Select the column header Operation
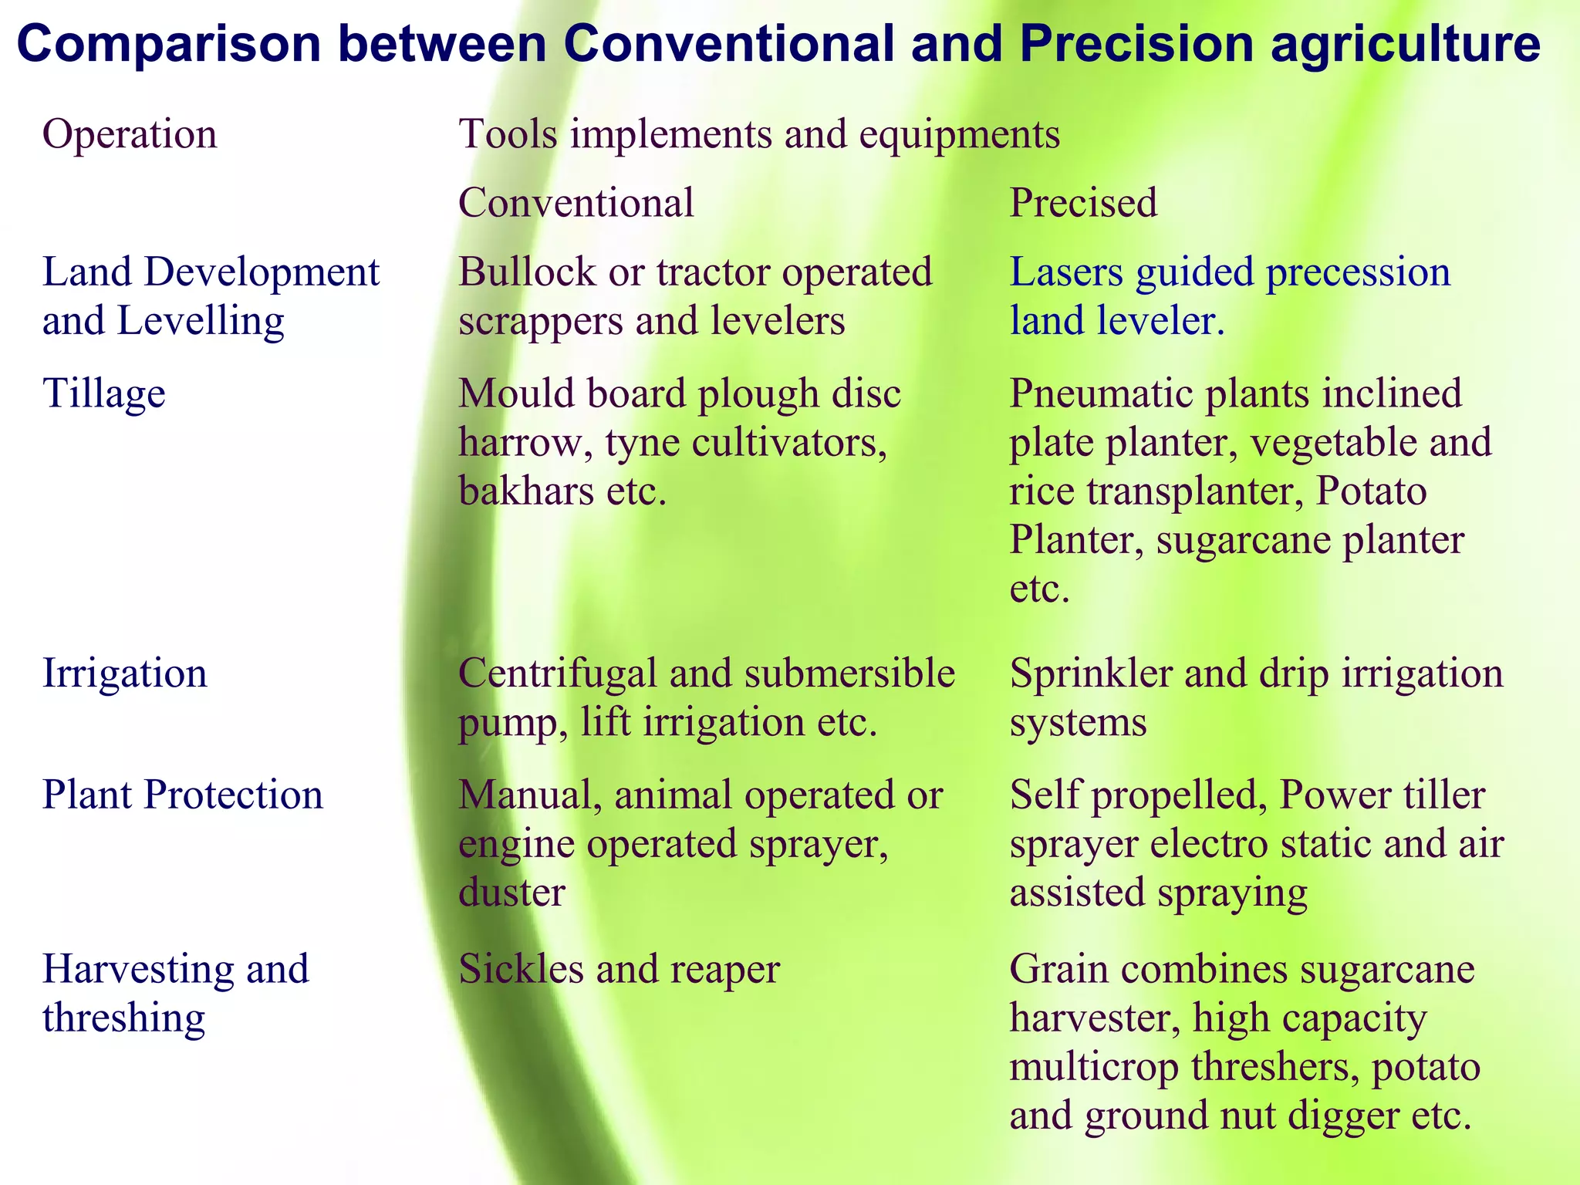[130, 134]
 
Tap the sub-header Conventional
[576, 203]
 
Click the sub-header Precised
[1083, 203]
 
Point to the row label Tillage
[103, 394]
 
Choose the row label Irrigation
[124, 674]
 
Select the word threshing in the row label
[123, 1018]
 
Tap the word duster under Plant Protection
[511, 893]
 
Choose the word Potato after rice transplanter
[1370, 491]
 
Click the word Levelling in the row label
[201, 321]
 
